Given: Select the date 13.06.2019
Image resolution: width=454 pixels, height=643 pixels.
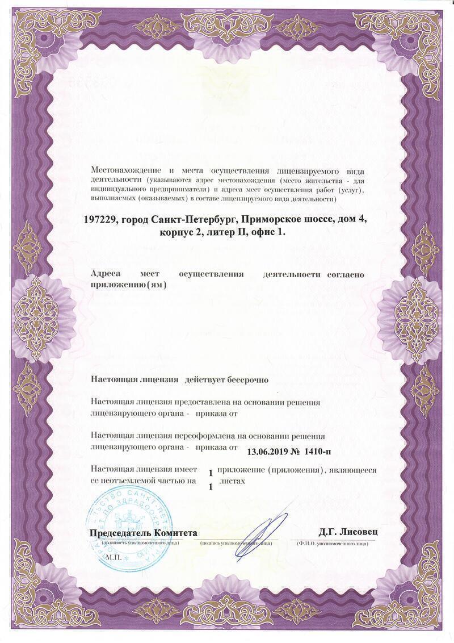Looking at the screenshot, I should pos(268,452).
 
